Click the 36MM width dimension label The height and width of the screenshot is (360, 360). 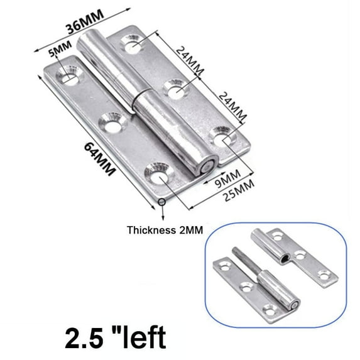pyautogui.click(x=85, y=22)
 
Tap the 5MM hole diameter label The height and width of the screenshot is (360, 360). pyautogui.click(x=60, y=49)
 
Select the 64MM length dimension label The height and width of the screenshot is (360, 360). pyautogui.click(x=99, y=159)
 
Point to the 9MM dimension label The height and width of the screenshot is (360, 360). pyautogui.click(x=227, y=179)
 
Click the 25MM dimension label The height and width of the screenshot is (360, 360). pyautogui.click(x=239, y=190)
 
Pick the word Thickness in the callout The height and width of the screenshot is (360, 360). pyautogui.click(x=151, y=230)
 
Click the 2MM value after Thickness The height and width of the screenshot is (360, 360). pyautogui.click(x=191, y=230)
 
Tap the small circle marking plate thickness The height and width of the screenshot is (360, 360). pyautogui.click(x=162, y=202)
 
